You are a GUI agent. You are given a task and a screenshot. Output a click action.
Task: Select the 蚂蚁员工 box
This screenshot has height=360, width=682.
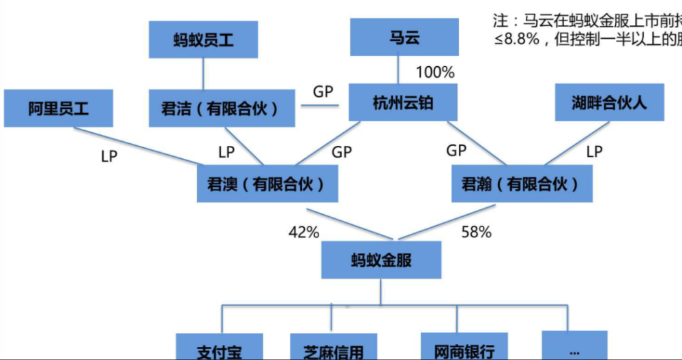point(203,40)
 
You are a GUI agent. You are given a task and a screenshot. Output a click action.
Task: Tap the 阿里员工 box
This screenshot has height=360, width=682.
point(59,108)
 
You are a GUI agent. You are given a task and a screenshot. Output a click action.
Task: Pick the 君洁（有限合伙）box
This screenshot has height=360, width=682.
point(222,108)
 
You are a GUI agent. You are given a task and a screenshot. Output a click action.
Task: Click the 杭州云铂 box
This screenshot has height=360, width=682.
point(403,104)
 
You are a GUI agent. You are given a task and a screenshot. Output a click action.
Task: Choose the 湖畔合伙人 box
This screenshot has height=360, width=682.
point(609,103)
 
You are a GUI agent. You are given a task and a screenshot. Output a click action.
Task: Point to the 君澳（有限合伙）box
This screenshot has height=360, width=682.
point(267,183)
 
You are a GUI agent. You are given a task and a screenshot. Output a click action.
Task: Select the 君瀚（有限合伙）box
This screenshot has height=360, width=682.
point(521,183)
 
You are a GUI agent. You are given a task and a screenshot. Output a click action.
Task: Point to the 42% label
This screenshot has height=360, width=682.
point(303,232)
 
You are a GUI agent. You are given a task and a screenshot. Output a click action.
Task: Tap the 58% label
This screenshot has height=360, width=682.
point(476,232)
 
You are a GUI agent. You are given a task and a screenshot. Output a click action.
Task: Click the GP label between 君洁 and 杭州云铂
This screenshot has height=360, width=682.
point(323,91)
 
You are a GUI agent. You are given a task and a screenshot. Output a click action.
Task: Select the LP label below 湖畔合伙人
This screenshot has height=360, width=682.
point(595,151)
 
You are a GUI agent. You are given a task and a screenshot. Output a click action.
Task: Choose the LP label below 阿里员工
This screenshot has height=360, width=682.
point(109,156)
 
